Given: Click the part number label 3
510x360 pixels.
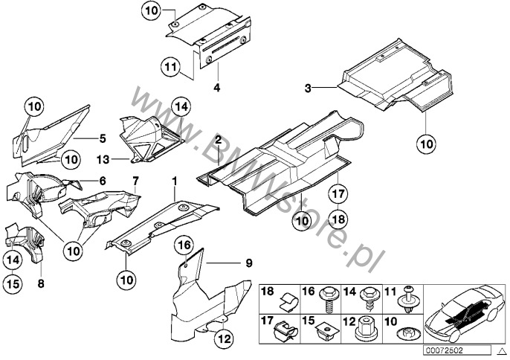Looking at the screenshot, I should pyautogui.click(x=306, y=88).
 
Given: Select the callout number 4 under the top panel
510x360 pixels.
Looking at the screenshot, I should pyautogui.click(x=216, y=87).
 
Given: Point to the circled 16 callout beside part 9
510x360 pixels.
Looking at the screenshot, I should pyautogui.click(x=185, y=245).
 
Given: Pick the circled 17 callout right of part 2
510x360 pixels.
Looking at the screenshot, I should pyautogui.click(x=338, y=194).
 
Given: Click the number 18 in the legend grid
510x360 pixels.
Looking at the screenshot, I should pyautogui.click(x=268, y=291).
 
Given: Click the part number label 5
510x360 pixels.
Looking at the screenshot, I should pyautogui.click(x=103, y=137).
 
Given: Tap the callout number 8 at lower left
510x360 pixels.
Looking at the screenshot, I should pyautogui.click(x=41, y=283).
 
